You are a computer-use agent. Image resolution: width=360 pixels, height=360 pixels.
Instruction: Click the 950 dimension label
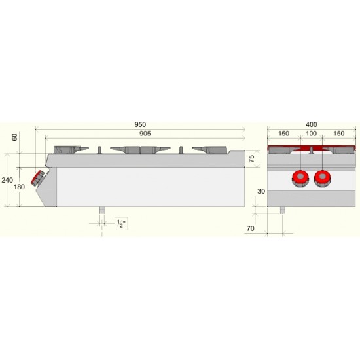tap(140, 124)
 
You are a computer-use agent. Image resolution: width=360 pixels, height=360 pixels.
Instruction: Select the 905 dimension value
tap(145, 134)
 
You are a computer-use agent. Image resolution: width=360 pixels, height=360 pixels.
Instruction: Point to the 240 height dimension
tap(7, 180)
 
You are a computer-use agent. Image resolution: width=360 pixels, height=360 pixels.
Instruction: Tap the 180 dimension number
tap(19, 187)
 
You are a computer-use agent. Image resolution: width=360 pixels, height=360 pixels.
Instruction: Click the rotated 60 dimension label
tap(14, 137)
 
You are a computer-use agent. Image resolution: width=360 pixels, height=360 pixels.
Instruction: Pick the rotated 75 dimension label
tap(251, 158)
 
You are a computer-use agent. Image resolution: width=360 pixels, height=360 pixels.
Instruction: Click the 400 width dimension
tap(312, 124)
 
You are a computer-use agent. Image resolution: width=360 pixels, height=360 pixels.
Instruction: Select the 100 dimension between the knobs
tap(312, 134)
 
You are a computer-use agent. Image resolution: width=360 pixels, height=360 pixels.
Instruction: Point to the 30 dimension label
tap(261, 191)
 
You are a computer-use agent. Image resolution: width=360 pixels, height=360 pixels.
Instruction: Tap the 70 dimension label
tap(251, 228)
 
